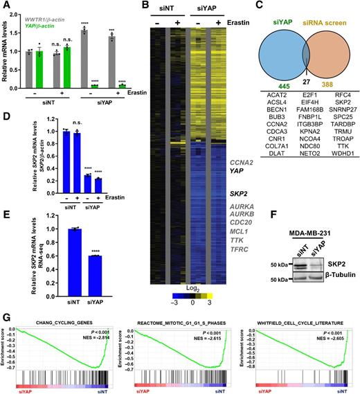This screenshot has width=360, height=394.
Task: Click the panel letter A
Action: pos(5,6)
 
